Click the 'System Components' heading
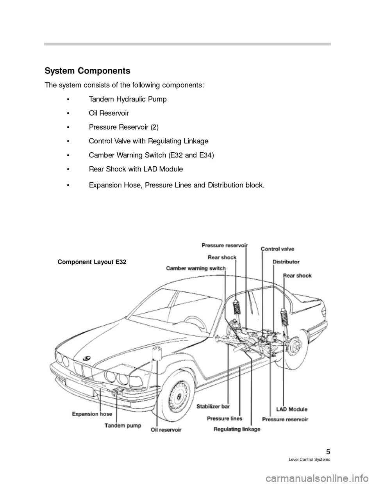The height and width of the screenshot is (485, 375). coord(88,71)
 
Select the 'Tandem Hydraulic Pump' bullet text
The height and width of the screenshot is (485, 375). coord(128,99)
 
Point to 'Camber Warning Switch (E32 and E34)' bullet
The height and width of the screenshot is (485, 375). coord(151,155)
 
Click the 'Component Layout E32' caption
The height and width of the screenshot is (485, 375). coord(92,262)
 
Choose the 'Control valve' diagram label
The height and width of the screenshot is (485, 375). coord(277,249)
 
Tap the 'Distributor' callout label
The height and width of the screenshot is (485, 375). coord(286,262)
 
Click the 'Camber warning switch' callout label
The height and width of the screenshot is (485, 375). coord(196,268)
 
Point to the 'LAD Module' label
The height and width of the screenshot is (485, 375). coord(291,409)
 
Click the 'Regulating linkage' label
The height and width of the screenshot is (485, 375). coord(237,429)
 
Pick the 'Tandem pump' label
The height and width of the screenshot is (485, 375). coord(122,425)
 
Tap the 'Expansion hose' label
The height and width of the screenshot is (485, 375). coord(92,414)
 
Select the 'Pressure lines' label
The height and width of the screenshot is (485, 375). coord(224,418)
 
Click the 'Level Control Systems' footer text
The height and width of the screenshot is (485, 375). coord(313,460)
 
